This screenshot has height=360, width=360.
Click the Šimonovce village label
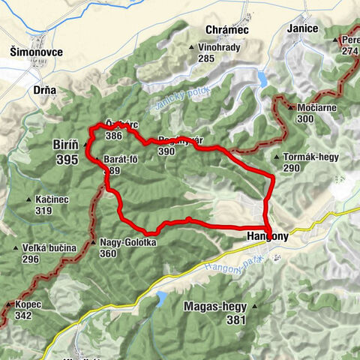coord(37,52)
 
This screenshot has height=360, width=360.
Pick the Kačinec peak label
coord(51,199)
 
